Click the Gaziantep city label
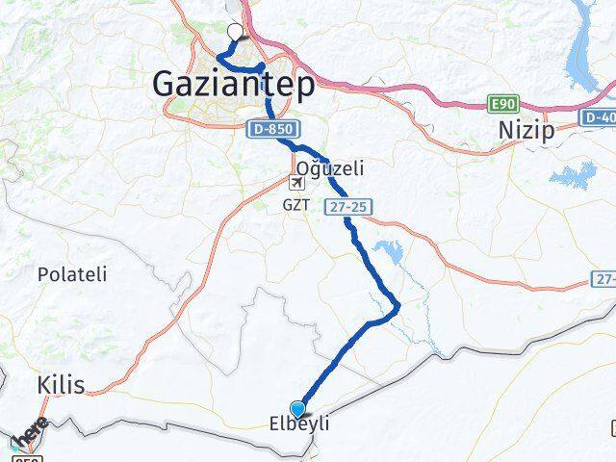coord(233,87)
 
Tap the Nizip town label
coord(526,131)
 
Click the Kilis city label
coord(60,386)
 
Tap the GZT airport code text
coord(295,205)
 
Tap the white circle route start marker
coord(233,30)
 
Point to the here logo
coord(31,433)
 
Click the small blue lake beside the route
coord(389,252)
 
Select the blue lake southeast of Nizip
coord(575,176)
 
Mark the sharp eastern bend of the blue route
coord(398,307)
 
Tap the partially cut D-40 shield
coord(598,116)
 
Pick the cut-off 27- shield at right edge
coord(603,279)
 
